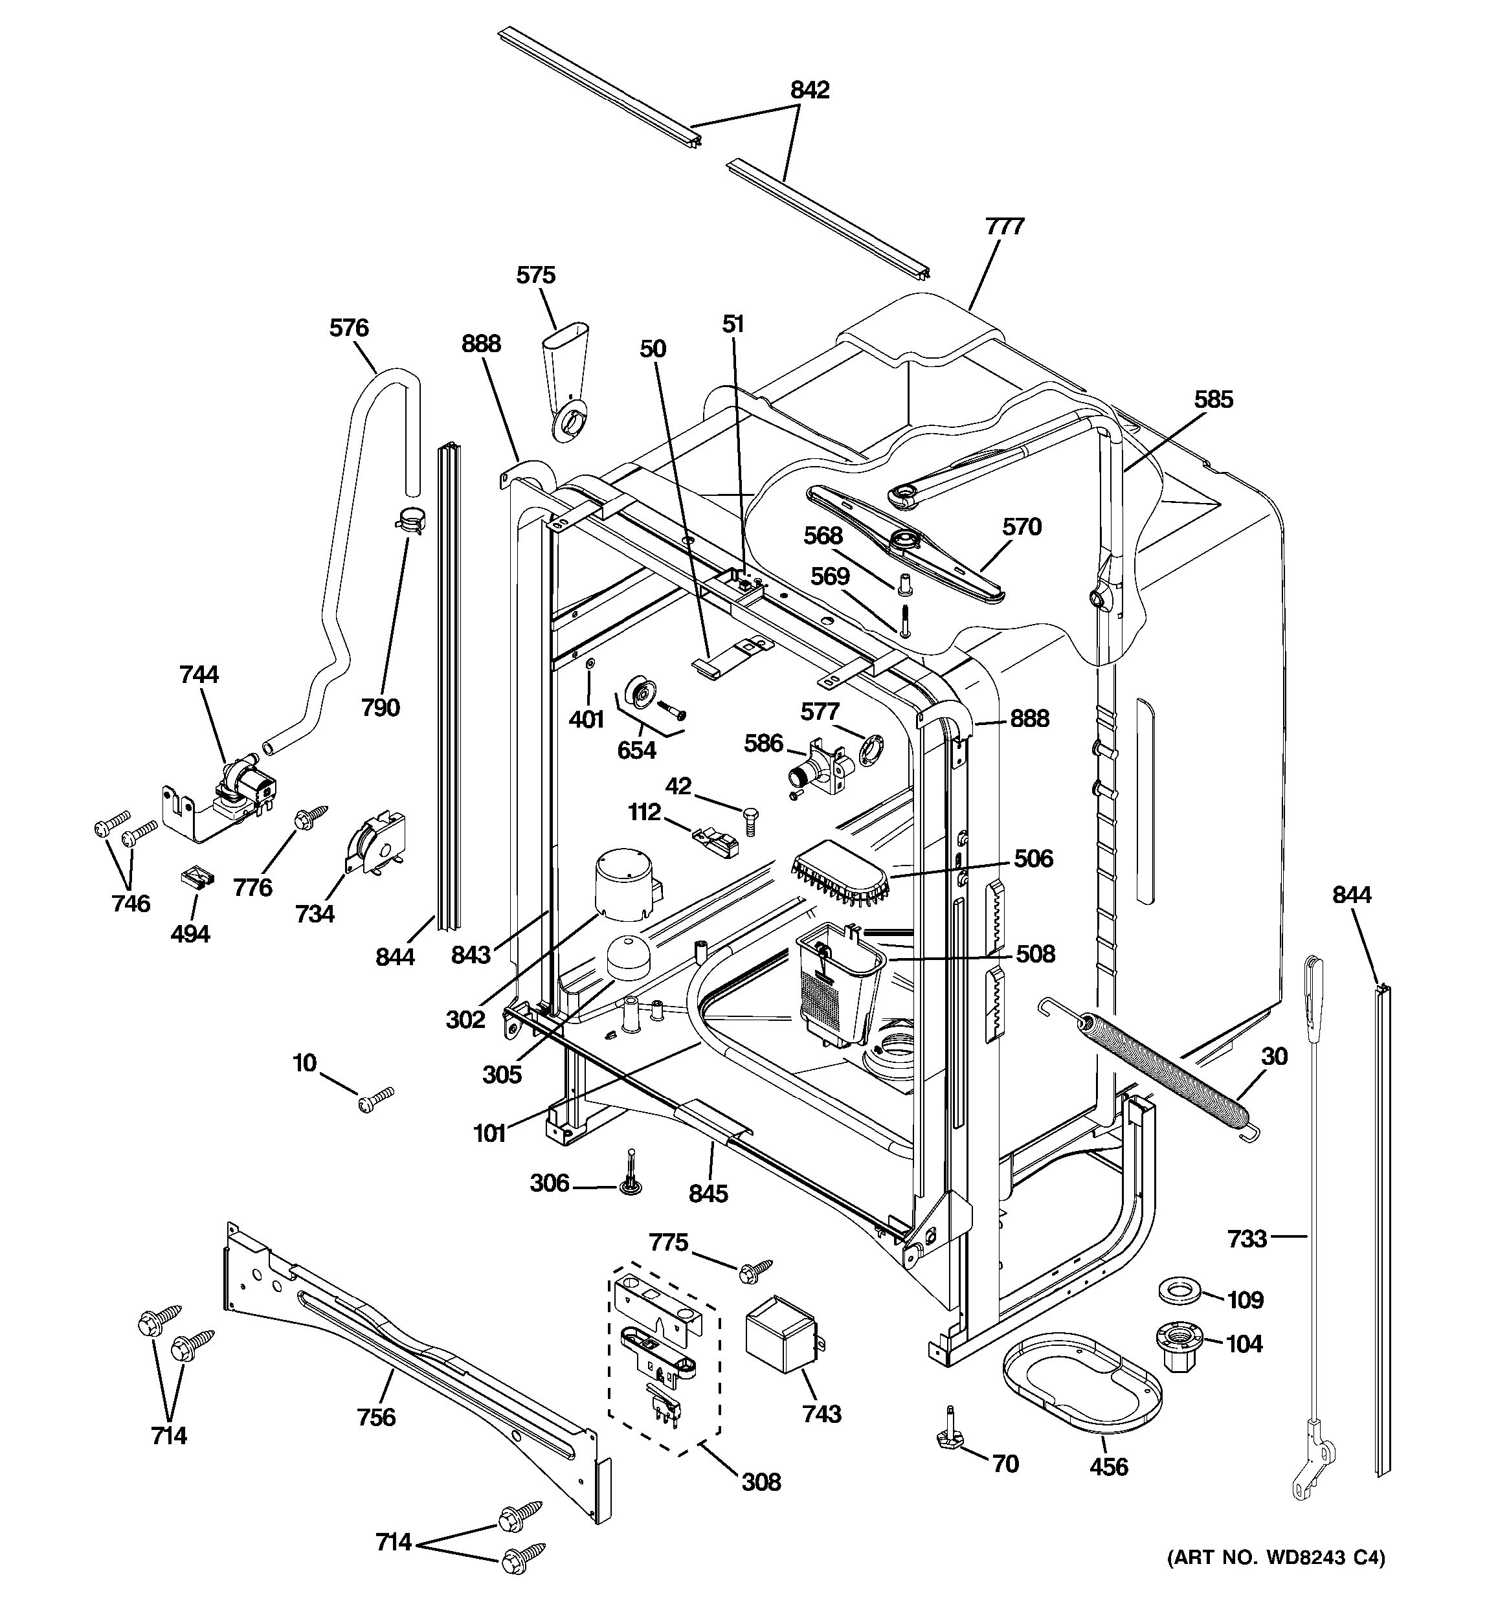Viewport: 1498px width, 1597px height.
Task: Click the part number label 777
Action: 1004,227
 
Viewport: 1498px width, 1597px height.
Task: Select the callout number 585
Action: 1213,399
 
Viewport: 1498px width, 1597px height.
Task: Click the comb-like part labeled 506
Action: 840,877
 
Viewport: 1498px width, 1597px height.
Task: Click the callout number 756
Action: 376,1417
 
